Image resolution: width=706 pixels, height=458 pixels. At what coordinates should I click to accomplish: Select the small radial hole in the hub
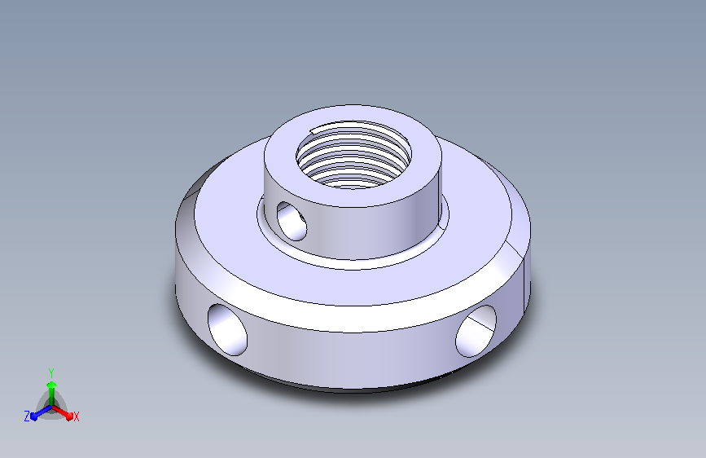pos(292,221)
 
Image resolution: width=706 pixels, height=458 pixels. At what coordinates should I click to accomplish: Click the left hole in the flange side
pos(227,329)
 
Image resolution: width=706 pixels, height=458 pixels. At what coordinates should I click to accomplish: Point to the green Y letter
pos(51,372)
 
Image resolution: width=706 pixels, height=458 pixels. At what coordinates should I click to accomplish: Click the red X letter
pos(76,416)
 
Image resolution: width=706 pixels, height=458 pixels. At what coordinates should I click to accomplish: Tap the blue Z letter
pos(27,416)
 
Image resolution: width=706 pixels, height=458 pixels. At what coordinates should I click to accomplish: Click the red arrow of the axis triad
pos(63,412)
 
